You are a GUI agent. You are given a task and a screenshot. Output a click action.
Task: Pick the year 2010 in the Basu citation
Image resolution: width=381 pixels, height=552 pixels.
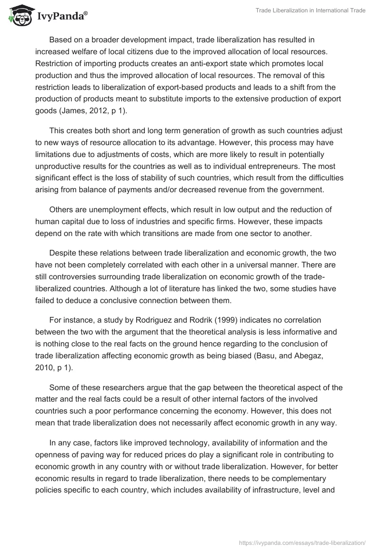[44, 367]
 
